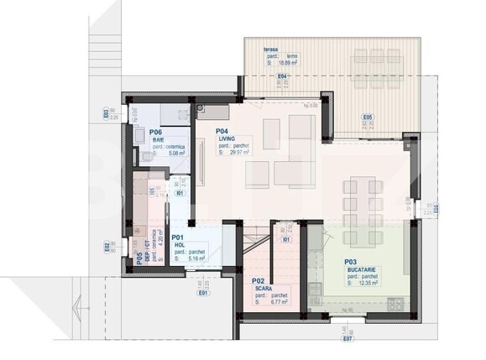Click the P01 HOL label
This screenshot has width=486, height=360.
pos(178,242)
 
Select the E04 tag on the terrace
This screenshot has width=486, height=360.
pos(283,77)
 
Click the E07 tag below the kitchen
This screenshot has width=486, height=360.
pos(347,339)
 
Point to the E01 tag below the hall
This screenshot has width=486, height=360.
pos(203,294)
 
